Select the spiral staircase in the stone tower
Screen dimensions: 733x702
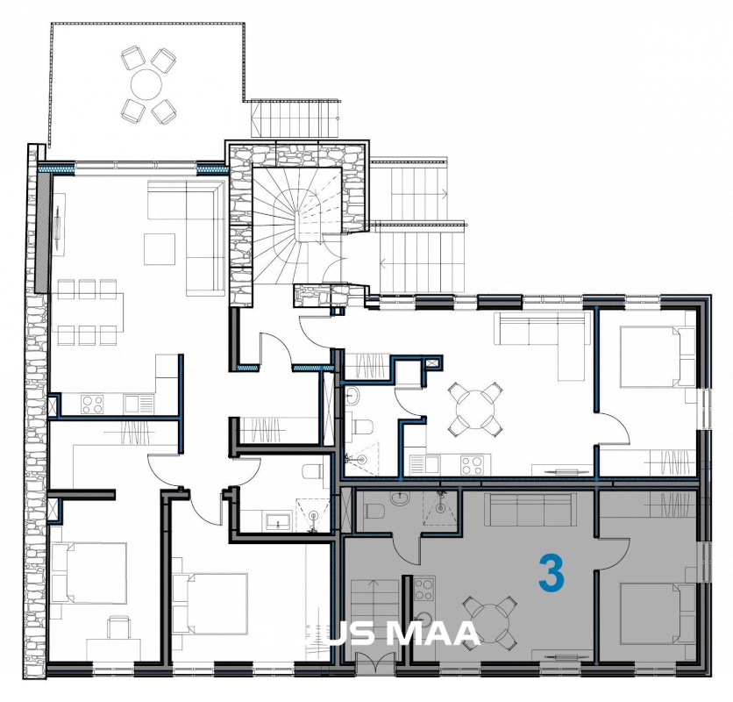tap(297, 226)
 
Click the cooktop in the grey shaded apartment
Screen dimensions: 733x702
tap(424, 590)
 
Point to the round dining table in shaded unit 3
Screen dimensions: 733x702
tap(490, 619)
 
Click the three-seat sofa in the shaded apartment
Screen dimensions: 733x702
tap(530, 508)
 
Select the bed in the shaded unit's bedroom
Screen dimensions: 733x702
tap(658, 614)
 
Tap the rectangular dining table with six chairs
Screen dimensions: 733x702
tap(89, 312)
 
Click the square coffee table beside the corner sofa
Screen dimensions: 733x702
tap(160, 249)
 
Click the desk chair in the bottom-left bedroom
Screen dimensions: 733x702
tap(117, 627)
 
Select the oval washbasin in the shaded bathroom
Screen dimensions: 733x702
tap(400, 500)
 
